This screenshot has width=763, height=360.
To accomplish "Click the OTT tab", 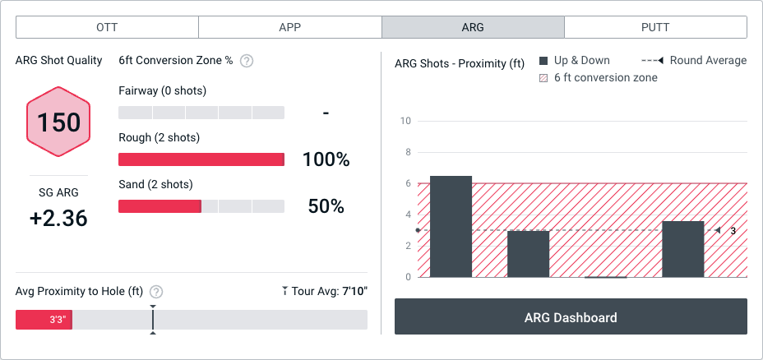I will [x=107, y=27].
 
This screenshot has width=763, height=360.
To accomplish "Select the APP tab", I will [x=289, y=27].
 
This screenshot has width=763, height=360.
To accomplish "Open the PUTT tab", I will [x=655, y=27].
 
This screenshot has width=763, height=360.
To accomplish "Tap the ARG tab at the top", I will [x=473, y=27].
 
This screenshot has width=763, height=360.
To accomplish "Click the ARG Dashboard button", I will [x=571, y=317].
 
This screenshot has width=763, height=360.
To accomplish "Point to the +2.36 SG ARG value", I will [x=59, y=218].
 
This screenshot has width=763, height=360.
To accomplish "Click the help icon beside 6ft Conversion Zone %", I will [x=246, y=61].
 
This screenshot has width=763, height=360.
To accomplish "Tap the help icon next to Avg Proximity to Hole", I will [x=156, y=292].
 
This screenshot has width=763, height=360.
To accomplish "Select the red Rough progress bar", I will [x=201, y=159].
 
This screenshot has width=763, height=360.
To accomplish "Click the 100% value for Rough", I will [x=326, y=159].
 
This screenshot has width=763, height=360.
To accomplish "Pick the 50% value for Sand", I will [x=326, y=206].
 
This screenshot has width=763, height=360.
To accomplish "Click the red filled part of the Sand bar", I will [x=160, y=206].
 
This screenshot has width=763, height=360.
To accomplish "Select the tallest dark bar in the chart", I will [x=451, y=226].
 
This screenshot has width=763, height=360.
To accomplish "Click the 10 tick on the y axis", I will [x=405, y=121].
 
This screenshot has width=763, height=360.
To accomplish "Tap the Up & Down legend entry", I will [x=575, y=60].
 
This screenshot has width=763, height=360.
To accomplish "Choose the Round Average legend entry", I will [x=694, y=60].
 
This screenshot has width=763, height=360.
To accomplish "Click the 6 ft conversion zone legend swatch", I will [x=543, y=78].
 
